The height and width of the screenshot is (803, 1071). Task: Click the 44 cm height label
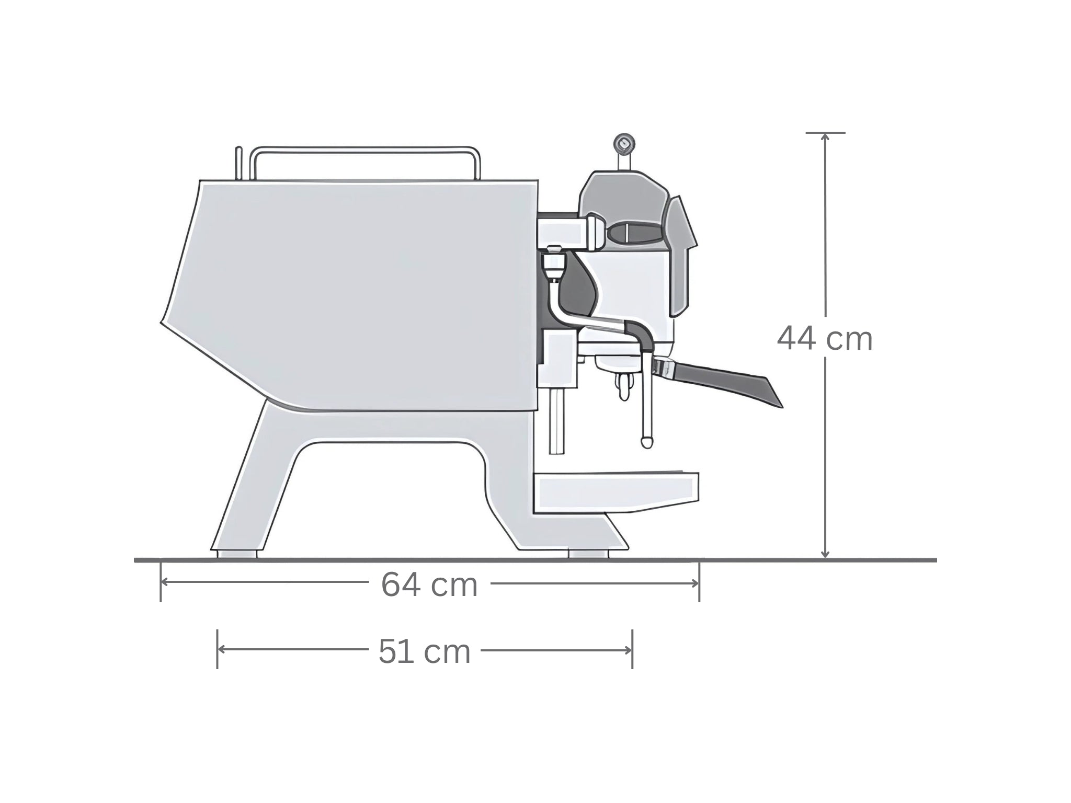825,339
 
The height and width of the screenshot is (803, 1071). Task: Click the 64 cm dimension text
429,584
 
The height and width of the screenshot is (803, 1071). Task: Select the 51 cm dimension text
425,652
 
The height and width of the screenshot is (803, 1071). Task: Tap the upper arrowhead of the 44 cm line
825,137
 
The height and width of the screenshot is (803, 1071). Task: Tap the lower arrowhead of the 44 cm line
825,555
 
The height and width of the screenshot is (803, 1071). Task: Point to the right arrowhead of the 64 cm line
696,583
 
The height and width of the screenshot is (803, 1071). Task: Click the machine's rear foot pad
236,554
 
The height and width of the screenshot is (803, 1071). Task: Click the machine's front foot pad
589,554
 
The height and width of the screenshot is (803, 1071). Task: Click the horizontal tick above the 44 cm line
825,133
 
